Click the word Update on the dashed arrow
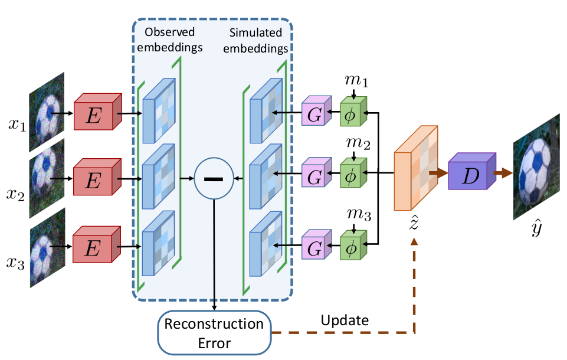[x=345, y=320]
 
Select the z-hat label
[x=415, y=224]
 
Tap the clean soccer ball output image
[x=535, y=166]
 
